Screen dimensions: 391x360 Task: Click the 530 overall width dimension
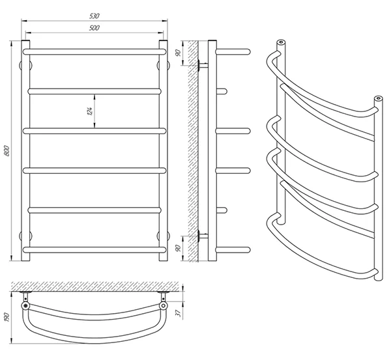[94, 16]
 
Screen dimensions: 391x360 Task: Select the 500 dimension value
[94, 28]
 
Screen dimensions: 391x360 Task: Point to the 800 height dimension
[7, 150]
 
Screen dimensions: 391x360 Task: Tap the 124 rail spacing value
[90, 111]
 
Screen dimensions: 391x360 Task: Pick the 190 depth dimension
[7, 317]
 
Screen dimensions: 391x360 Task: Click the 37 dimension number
[178, 313]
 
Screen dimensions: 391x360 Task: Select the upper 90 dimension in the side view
[178, 53]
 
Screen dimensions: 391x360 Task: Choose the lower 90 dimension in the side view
[178, 248]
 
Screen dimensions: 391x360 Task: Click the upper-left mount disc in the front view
[25, 65]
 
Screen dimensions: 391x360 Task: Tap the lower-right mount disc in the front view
[164, 236]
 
